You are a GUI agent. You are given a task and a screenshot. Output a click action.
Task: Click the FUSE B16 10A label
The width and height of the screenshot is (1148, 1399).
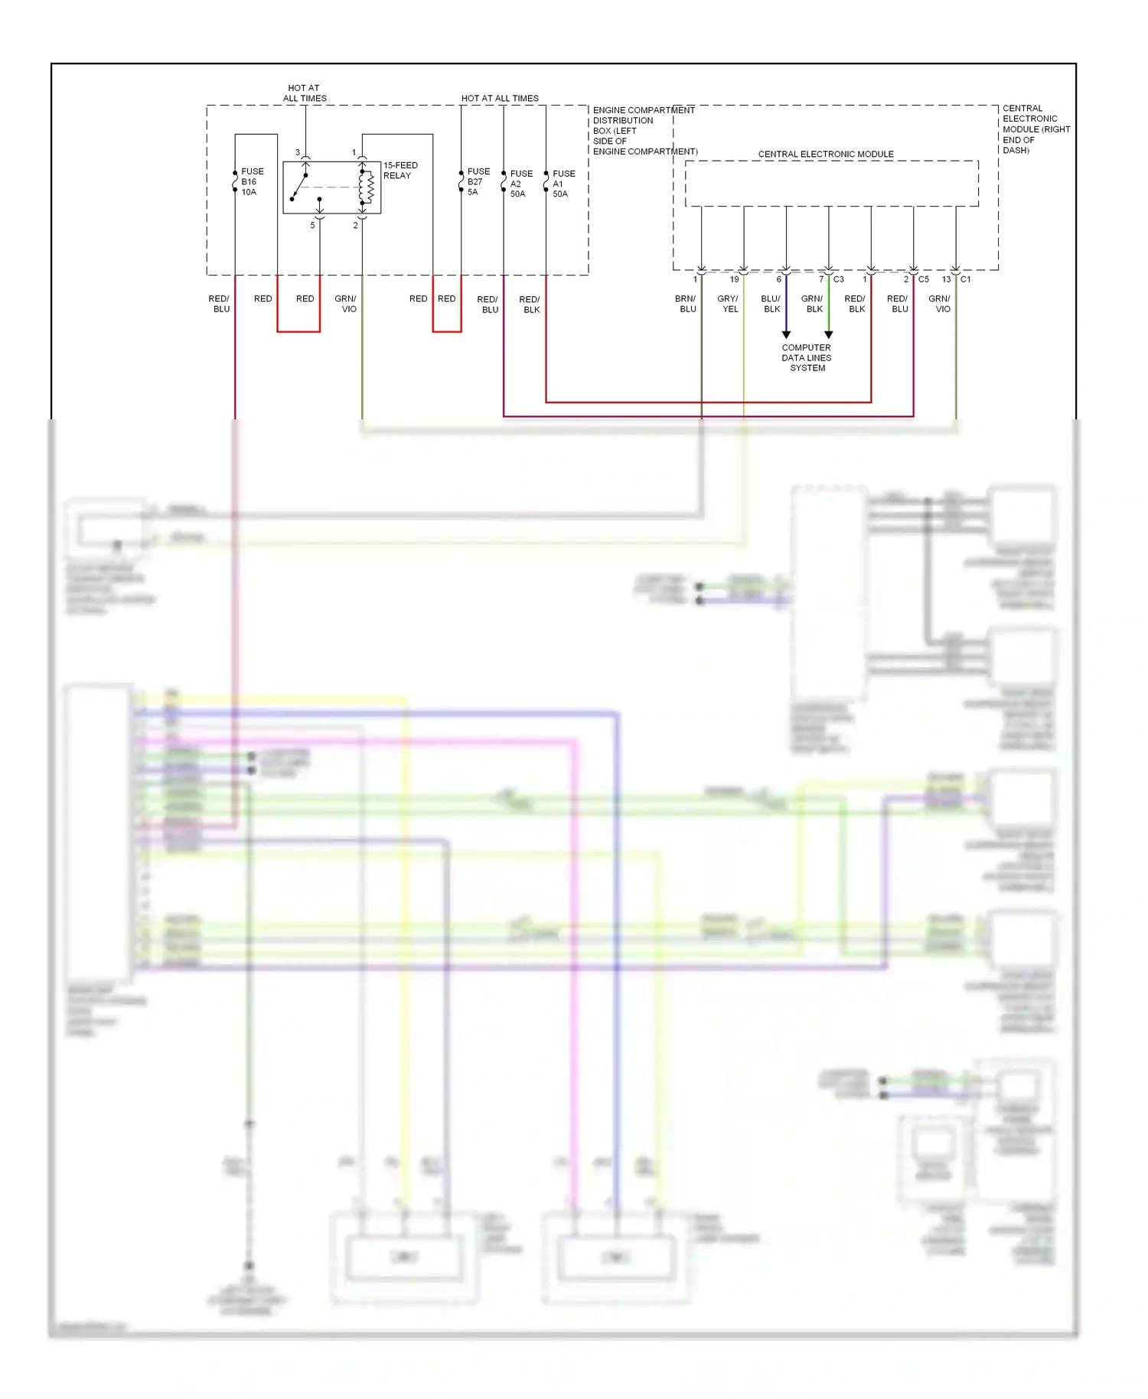(252, 182)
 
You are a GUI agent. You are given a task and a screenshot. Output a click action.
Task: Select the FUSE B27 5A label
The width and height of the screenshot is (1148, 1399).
(478, 182)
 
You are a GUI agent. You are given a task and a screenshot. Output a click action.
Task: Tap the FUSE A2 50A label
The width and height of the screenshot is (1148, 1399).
(521, 184)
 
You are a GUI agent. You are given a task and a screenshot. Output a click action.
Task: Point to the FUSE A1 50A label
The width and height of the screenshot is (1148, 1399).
(563, 184)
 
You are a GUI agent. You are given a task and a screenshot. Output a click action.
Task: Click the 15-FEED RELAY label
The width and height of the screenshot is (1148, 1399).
(400, 171)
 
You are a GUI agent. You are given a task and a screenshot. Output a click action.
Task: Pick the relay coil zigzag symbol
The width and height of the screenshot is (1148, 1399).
(368, 188)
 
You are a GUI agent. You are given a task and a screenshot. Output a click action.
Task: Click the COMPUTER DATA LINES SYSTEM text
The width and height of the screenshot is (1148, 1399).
(807, 358)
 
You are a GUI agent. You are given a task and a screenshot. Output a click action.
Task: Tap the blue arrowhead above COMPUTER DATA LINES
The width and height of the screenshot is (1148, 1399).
(786, 334)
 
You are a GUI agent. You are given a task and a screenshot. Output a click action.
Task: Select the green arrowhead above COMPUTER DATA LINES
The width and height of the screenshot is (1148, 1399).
(828, 334)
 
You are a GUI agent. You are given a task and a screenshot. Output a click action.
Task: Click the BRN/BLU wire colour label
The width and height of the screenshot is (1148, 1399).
(687, 304)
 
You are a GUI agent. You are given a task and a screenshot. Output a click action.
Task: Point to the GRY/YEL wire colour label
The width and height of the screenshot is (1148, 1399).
(729, 304)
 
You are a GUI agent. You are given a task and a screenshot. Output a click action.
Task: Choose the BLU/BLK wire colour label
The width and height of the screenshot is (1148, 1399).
(771, 304)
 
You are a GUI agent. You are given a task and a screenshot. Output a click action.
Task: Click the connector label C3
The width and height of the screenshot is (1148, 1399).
(839, 279)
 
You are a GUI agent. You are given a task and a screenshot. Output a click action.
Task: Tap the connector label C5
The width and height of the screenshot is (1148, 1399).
(924, 279)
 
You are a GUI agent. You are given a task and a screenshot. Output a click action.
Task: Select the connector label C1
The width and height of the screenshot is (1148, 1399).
(966, 279)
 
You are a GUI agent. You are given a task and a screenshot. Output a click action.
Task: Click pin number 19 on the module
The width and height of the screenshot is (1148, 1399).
(734, 279)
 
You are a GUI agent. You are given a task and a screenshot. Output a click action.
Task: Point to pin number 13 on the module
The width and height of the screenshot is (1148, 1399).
(946, 279)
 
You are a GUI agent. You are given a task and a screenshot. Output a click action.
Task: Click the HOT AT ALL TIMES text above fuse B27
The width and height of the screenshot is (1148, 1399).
(500, 99)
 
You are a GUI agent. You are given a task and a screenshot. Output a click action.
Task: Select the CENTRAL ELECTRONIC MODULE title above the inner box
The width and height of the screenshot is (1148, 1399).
(826, 155)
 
